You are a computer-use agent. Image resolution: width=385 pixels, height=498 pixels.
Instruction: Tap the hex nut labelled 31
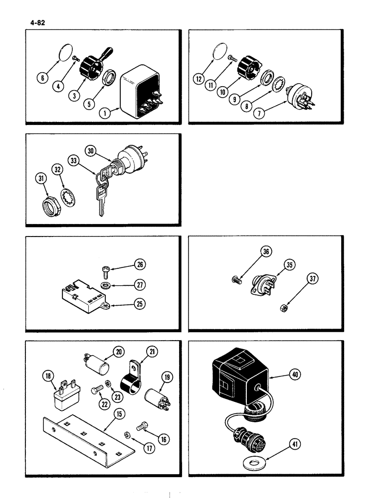coord(52,204)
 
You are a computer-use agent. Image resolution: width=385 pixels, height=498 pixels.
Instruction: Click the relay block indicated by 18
coord(62,399)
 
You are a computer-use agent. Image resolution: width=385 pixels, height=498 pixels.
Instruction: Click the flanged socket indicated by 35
coord(261,283)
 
